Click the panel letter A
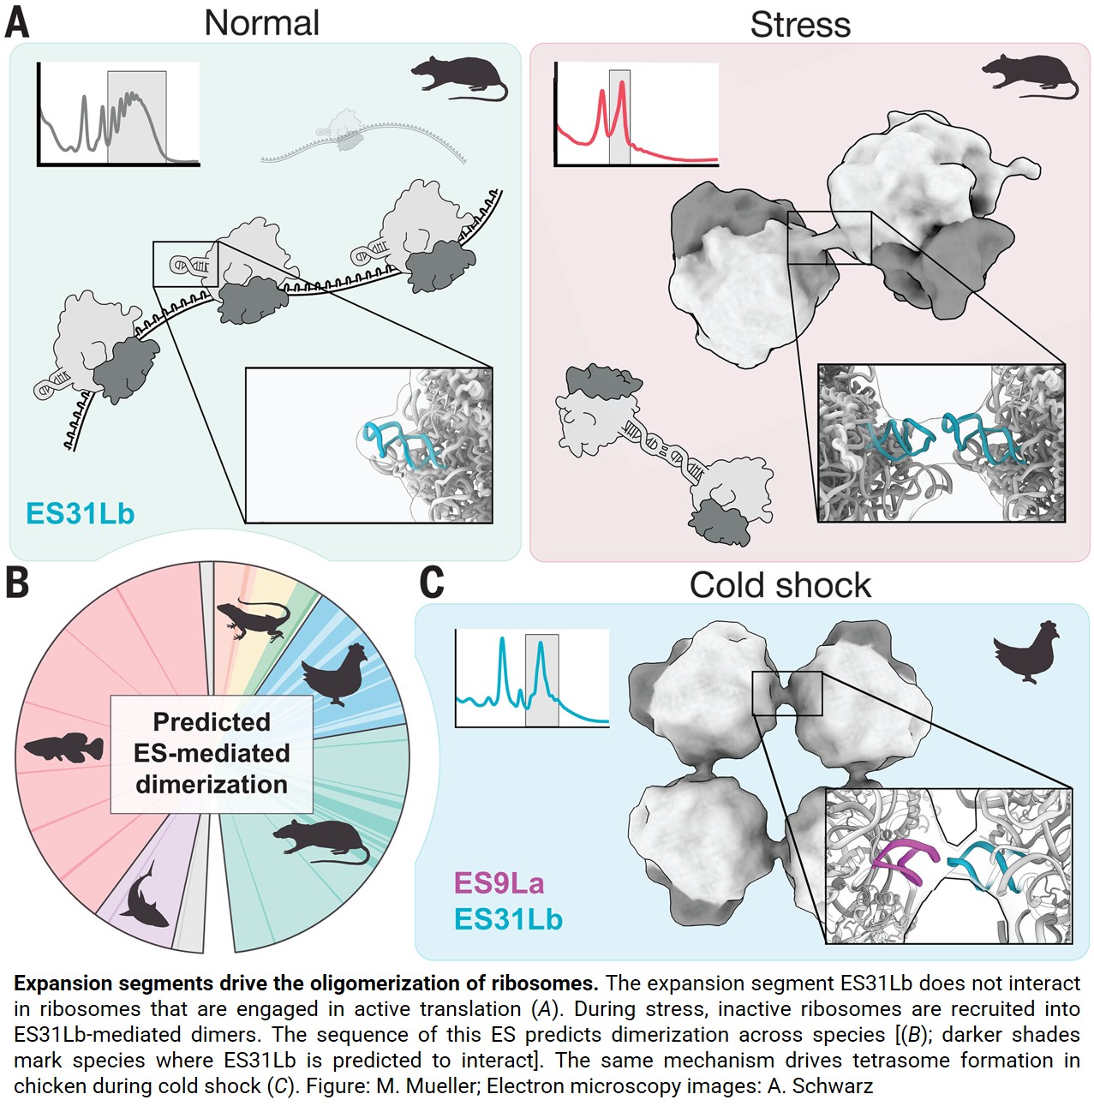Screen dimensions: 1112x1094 pos(17,24)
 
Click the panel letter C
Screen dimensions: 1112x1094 pos(432,583)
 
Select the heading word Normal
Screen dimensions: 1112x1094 pos(261,23)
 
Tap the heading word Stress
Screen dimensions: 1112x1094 pos(800,25)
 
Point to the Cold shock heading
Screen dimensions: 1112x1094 pos(780,585)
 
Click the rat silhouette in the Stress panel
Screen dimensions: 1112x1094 pos(1027,75)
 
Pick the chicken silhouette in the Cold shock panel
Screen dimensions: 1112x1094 pos(1026,651)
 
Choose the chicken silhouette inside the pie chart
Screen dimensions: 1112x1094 pos(336,673)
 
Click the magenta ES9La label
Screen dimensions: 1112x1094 pos(499,882)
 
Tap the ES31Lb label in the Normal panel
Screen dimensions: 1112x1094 pos(81,513)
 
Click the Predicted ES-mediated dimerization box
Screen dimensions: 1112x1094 pos(212,753)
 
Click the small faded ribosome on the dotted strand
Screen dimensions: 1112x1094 pos(348,130)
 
